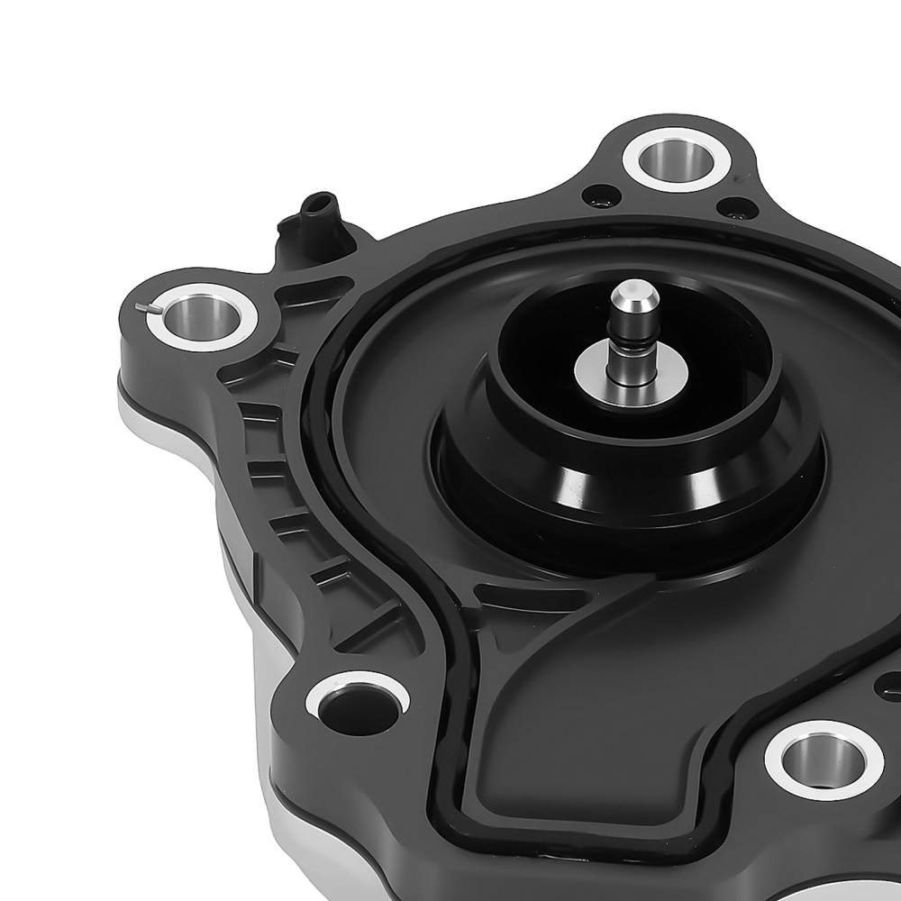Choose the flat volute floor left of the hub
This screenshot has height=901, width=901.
coord(387,423)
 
